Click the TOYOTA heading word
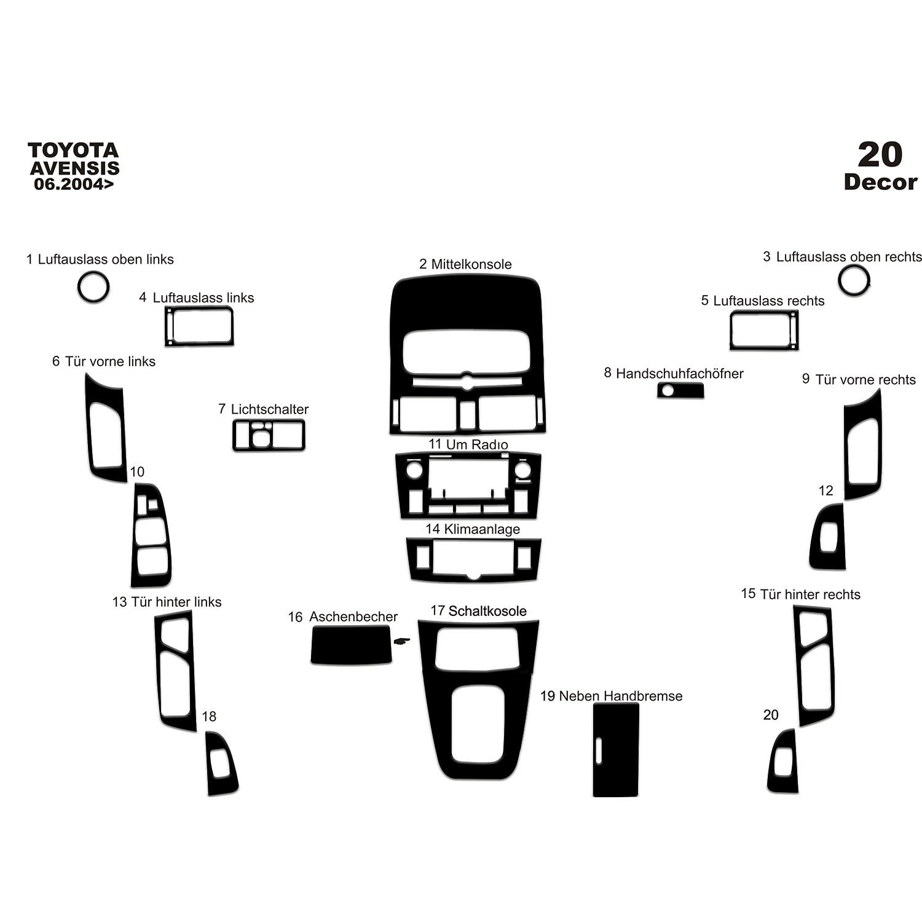click(73, 151)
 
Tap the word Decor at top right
click(880, 182)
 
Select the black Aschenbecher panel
click(351, 645)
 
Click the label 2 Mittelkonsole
click(465, 264)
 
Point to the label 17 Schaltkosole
click(478, 611)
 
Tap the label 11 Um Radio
click(468, 444)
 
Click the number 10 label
click(137, 472)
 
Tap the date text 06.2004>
click(74, 184)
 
